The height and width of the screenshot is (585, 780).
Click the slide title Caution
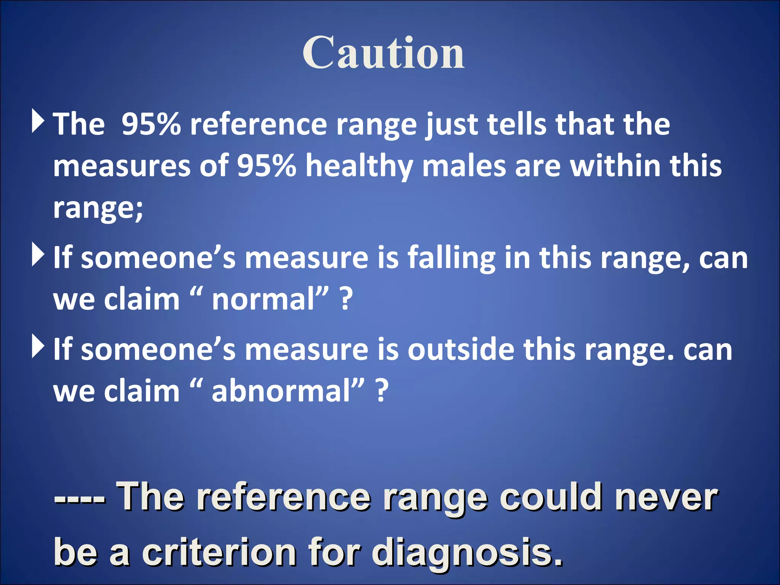click(384, 53)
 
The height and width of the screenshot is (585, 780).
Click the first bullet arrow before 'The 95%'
click(38, 121)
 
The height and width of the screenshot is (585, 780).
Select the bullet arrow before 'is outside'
click(38, 346)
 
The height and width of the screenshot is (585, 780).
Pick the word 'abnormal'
click(281, 392)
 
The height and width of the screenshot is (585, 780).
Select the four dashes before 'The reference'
click(80, 498)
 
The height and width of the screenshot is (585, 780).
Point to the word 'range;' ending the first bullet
click(98, 209)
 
